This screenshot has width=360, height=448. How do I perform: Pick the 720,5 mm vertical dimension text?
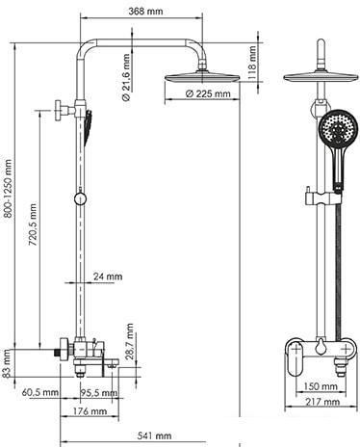click(x=32, y=237)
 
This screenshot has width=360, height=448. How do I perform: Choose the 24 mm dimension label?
click(x=109, y=277)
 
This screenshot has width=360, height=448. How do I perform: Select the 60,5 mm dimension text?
click(x=40, y=393)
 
